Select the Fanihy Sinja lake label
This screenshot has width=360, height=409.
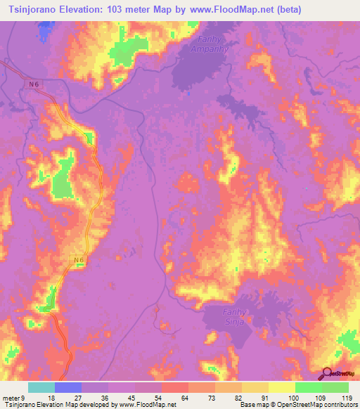[x=222, y=314]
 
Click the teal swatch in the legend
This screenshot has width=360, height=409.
[x=41, y=387]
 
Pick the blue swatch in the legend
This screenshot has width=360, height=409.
[x=68, y=387]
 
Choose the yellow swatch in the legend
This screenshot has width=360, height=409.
[x=281, y=387]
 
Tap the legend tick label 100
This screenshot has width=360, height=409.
[x=292, y=398]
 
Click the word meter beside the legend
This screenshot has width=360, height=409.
[x=11, y=398]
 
